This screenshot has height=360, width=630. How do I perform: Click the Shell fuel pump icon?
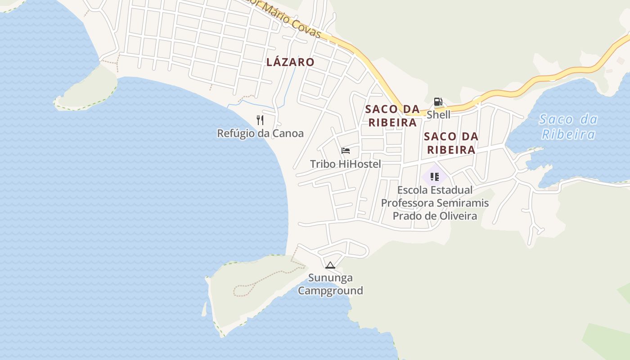[x=438, y=102]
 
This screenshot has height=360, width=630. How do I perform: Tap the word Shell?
[x=438, y=114]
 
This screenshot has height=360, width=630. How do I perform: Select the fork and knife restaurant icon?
[x=260, y=120]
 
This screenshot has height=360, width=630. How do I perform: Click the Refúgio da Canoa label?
[x=260, y=133]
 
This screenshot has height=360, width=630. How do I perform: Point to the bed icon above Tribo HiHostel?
[x=346, y=150]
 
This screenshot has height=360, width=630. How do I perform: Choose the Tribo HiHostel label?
[x=345, y=164]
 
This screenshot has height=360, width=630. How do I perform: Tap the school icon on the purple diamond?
[x=434, y=176]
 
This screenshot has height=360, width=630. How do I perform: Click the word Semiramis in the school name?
[x=463, y=203]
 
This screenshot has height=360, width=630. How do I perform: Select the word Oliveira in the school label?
[x=454, y=216]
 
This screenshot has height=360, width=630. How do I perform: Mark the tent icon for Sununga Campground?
[x=330, y=265]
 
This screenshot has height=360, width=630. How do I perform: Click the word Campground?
[x=330, y=291]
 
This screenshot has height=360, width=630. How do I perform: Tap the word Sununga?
[x=330, y=278]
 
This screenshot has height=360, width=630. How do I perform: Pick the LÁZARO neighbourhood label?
[x=290, y=62]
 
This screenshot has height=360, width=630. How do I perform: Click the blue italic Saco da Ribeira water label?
[x=568, y=126]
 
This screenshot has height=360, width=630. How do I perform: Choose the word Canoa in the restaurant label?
[x=288, y=133]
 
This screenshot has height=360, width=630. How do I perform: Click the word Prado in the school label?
[x=406, y=216]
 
